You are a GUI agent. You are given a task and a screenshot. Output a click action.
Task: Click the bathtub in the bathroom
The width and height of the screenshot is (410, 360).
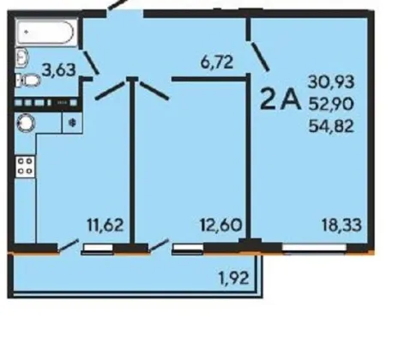tap(46, 32)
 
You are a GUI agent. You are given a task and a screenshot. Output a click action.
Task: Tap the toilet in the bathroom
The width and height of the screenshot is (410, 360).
tap(28, 81)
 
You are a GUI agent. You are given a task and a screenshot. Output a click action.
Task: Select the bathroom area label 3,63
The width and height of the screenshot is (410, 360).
tap(59, 70)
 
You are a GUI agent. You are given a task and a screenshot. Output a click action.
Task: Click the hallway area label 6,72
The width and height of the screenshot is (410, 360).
tap(217, 62)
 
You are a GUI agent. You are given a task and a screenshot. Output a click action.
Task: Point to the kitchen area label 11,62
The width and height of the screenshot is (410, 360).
tap(106, 225)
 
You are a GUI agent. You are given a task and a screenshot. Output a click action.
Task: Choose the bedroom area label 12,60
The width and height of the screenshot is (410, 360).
tap(221, 225)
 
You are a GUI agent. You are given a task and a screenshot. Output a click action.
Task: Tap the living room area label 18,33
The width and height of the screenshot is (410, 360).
tap(341, 225)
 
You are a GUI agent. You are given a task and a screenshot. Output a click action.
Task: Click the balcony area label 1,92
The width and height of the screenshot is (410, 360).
tap(233, 278)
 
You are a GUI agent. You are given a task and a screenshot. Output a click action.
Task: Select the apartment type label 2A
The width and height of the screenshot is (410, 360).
tap(280, 99)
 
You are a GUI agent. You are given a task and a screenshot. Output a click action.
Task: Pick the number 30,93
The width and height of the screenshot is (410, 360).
tap(331, 81)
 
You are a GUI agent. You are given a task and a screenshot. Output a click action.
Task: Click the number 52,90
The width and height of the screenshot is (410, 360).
tap(331, 104)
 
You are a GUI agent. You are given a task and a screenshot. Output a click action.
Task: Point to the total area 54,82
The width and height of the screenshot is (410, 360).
tap(331, 126)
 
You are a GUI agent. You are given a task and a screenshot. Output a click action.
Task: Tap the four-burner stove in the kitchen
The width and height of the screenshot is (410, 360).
tap(25, 166)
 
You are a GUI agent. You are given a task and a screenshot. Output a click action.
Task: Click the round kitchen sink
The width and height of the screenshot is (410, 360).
tap(26, 123)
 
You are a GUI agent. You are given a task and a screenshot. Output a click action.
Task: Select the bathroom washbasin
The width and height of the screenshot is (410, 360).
tap(21, 57)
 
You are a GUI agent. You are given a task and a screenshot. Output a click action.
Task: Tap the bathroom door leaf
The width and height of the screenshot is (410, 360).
tap(91, 63)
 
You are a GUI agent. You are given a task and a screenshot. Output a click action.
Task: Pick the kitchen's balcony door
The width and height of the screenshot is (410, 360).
tap(68, 246)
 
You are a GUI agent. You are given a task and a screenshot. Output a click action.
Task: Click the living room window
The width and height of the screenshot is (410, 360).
tap(315, 248)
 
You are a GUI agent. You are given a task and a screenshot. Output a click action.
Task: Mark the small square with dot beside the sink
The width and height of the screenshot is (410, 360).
tap(72, 123)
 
